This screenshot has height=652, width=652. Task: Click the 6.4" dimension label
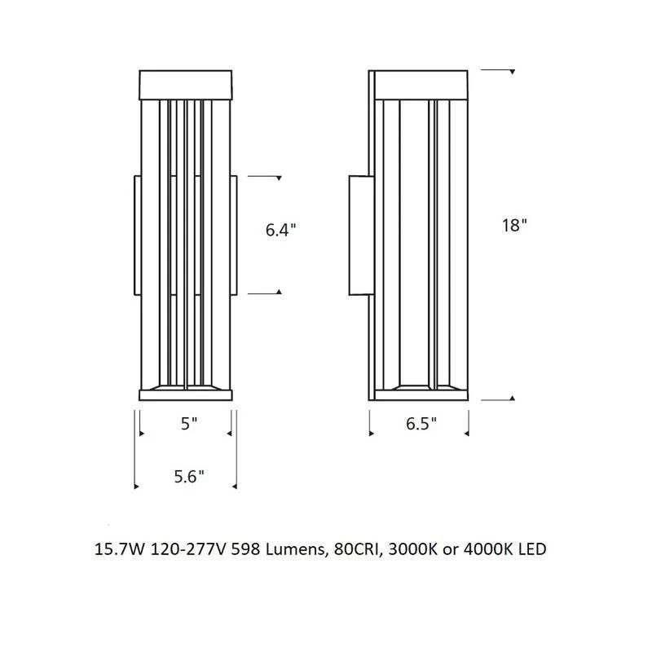[x=280, y=230]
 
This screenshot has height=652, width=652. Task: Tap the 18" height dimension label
[x=514, y=226]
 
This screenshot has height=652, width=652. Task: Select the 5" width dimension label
[x=189, y=423]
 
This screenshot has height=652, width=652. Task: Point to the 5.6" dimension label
[x=189, y=477]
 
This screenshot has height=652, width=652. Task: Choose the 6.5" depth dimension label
[x=421, y=423]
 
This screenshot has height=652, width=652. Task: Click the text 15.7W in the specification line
[x=120, y=549]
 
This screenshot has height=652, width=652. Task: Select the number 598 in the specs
[x=246, y=549]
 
